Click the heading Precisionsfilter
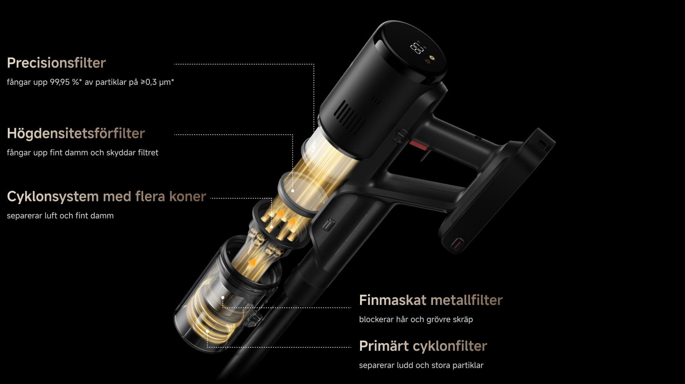[56, 63]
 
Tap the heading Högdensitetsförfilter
[76, 134]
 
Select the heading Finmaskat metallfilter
[431, 300]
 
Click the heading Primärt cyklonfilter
[423, 346]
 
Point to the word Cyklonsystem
[53, 197]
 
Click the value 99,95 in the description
[60, 82]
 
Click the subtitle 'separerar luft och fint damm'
[60, 216]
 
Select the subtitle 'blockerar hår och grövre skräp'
[416, 319]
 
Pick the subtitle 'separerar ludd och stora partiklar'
[421, 365]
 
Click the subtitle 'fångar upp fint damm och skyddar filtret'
[82, 153]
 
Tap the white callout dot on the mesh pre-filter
[293, 190]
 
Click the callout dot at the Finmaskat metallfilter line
[223, 297]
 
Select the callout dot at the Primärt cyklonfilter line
[207, 331]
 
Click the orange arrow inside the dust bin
[252, 262]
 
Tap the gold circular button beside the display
[432, 58]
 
